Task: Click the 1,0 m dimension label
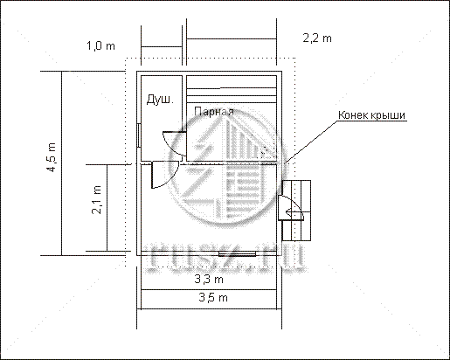(100, 45)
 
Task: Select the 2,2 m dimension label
(317, 38)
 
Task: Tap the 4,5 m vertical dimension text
(52, 157)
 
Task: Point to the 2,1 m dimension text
(97, 200)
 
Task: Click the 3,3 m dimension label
(209, 280)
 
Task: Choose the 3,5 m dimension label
(213, 297)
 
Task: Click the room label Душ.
(160, 100)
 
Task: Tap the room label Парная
(214, 112)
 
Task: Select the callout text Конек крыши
(371, 114)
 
